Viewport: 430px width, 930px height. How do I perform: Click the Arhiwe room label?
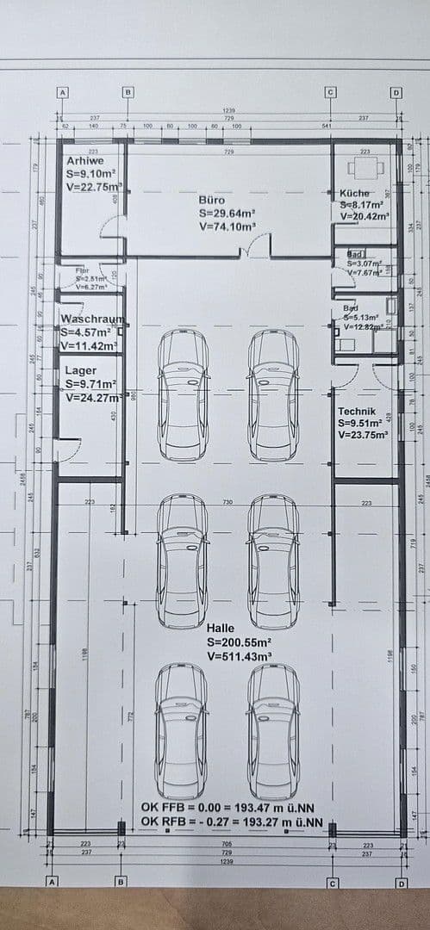84,160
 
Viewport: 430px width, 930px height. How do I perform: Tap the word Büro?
212,198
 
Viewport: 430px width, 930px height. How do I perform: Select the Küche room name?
354,194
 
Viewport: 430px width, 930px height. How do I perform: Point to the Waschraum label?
92,319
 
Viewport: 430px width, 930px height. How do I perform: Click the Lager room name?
81,370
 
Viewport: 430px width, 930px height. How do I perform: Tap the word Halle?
221,629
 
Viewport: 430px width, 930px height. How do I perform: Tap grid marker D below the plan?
402,882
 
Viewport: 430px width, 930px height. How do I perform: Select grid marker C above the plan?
329,91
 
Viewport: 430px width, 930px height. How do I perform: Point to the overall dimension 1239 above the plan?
228,110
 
